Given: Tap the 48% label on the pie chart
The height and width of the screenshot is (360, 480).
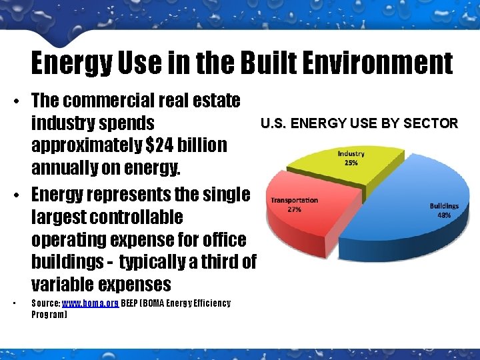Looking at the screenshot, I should pyautogui.click(x=444, y=215).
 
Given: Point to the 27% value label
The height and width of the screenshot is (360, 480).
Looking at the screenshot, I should pyautogui.click(x=294, y=209).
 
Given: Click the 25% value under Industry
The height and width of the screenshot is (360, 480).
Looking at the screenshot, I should pyautogui.click(x=351, y=163).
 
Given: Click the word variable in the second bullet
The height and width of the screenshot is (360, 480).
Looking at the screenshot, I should pyautogui.click(x=62, y=285).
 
